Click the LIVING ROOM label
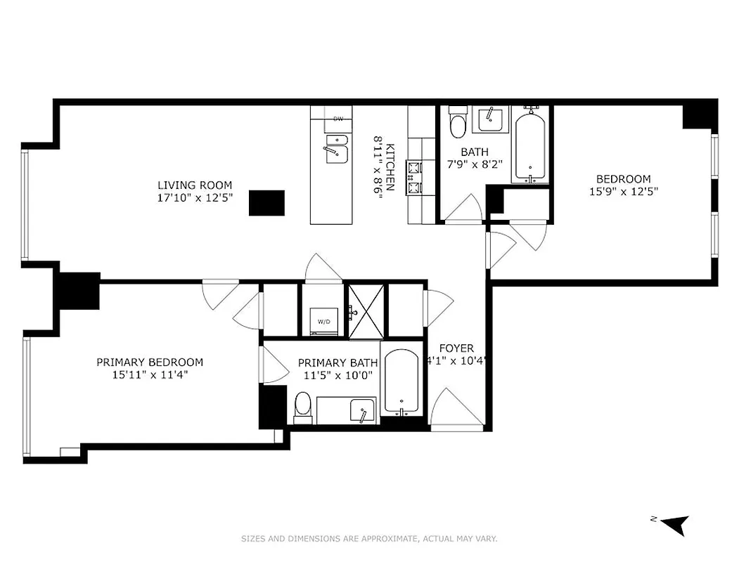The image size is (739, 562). pos(195,185)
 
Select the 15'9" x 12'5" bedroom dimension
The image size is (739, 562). pos(623,191)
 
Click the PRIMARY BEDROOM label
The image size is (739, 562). pos(150,362)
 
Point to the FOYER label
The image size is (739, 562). pos(456,348)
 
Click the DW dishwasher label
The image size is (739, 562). pos(338,119)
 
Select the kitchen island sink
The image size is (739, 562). pos(336,151)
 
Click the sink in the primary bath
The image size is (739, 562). pos(361,412)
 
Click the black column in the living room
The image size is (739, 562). pos(267,203)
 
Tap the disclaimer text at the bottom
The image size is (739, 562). pos(369,539)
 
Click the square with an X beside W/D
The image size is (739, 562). pos(366,311)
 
